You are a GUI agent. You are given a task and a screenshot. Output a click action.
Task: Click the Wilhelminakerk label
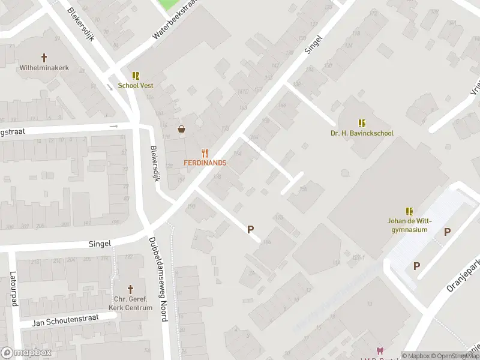[x=44, y=68]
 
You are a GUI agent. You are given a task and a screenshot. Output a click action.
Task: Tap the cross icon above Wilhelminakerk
[x=44, y=58]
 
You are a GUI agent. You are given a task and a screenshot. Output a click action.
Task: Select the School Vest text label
[x=135, y=86]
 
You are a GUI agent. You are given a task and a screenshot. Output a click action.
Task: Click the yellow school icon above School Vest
[x=136, y=76]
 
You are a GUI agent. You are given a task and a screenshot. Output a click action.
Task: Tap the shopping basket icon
[x=181, y=129]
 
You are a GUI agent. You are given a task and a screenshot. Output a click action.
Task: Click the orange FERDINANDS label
[x=205, y=163]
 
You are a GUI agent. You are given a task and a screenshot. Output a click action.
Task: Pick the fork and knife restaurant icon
[x=205, y=152]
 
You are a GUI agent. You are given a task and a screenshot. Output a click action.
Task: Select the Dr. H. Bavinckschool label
[x=361, y=133]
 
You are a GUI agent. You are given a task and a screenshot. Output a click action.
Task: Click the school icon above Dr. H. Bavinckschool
[x=361, y=122]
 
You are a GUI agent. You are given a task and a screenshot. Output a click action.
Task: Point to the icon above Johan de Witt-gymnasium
[x=409, y=211]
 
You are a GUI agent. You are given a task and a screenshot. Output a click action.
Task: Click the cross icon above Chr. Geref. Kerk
[x=131, y=289]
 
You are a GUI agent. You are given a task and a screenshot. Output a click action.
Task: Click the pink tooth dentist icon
[x=379, y=350]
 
